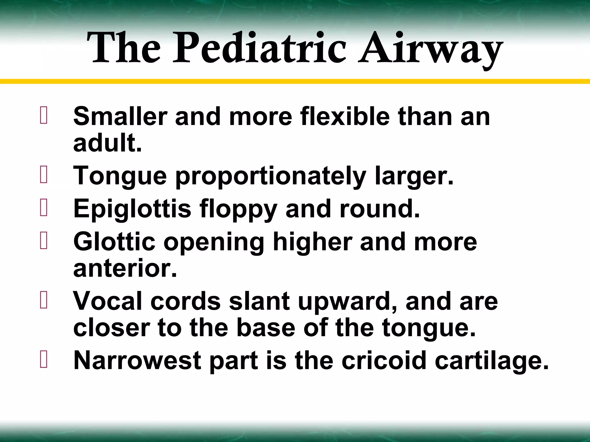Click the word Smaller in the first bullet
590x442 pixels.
click(120, 117)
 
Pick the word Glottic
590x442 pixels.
click(114, 242)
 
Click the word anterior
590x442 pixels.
click(125, 268)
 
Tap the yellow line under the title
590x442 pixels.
click(295, 81)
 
